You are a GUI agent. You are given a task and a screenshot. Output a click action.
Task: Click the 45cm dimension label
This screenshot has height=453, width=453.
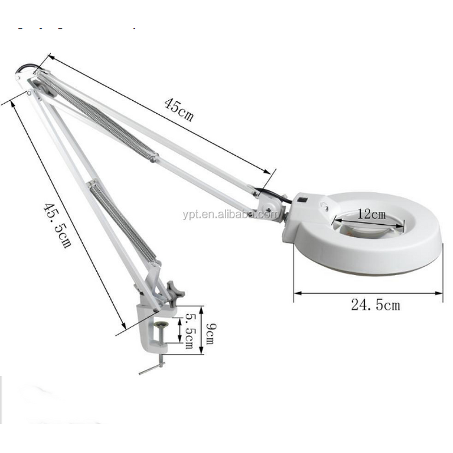(x=178, y=109)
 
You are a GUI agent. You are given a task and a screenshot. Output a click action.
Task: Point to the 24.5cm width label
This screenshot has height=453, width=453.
(x=375, y=305)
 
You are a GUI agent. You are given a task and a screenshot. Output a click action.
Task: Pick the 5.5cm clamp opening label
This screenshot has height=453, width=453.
(x=189, y=331)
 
